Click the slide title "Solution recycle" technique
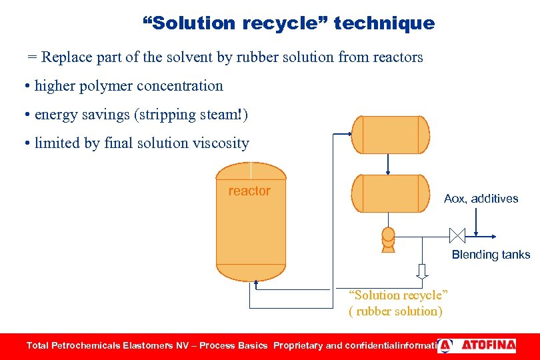click(289, 23)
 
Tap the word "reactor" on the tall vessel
click(249, 191)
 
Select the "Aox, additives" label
click(481, 199)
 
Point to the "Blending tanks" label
click(491, 254)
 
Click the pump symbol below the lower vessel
click(388, 239)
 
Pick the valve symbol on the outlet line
click(457, 235)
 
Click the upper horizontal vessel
click(390, 135)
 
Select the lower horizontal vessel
click(390, 193)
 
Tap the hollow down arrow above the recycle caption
click(422, 271)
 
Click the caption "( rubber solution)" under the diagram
click(395, 311)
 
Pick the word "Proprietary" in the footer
click(298, 345)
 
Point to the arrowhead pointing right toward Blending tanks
click(493, 235)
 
